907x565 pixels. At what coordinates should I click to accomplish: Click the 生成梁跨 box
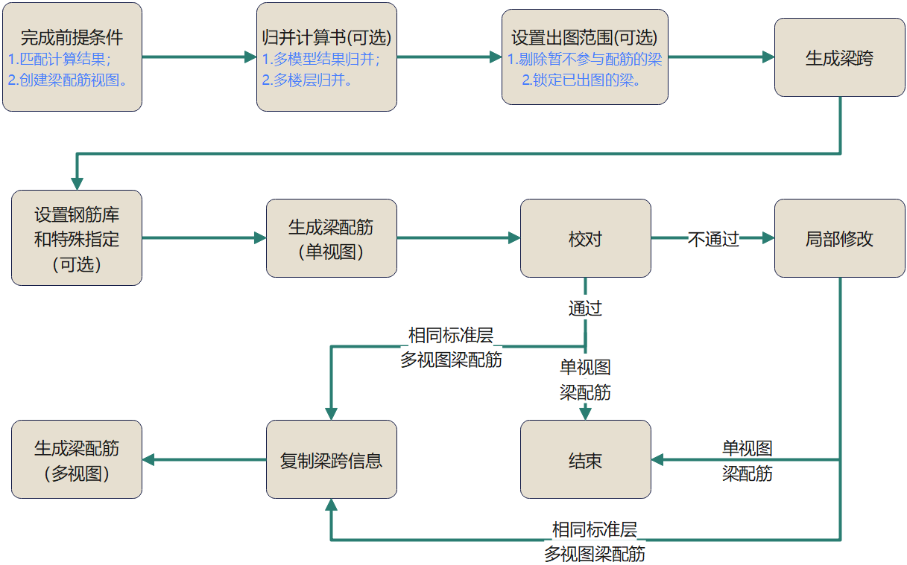click(840, 57)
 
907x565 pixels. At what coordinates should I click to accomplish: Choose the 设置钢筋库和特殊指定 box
click(77, 238)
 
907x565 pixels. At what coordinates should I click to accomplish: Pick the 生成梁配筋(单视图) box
click(331, 238)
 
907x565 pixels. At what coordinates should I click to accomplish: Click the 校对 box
click(585, 238)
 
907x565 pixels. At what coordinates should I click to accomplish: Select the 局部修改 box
click(840, 238)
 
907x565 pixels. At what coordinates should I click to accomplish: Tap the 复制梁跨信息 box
click(331, 459)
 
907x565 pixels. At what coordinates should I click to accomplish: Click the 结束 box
click(585, 459)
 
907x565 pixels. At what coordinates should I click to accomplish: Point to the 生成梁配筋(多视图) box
click(77, 459)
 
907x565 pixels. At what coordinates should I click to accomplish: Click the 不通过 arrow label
click(712, 239)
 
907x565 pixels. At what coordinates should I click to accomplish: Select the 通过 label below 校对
click(585, 308)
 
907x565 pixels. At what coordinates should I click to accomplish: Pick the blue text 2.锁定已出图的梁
click(581, 80)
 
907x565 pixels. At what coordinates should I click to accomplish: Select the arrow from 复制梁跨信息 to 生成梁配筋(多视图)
click(204, 459)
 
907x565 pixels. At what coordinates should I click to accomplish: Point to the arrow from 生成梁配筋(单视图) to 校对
click(458, 238)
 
